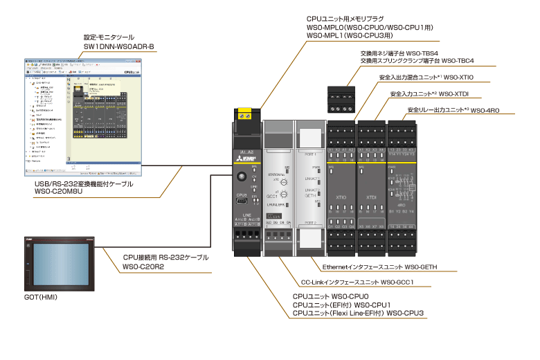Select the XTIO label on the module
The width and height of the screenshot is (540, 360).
tap(341, 197)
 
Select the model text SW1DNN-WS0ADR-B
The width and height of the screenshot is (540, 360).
tap(119, 46)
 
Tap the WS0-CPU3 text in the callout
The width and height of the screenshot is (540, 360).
tap(405, 313)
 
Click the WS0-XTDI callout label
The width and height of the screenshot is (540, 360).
tap(455, 93)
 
